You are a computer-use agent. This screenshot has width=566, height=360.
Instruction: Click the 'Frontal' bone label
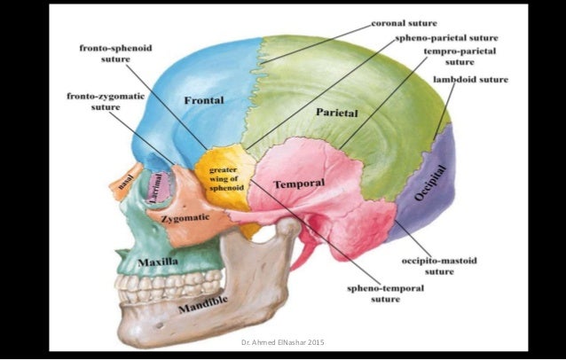(204, 100)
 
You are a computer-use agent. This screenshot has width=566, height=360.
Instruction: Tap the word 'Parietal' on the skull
(337, 113)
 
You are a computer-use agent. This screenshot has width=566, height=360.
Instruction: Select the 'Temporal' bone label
(299, 184)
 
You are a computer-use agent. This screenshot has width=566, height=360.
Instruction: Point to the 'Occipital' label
(430, 183)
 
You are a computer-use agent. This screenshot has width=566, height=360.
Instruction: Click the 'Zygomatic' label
(185, 218)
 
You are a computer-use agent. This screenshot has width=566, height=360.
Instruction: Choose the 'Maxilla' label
(158, 262)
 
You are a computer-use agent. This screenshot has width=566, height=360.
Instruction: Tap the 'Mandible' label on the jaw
(203, 304)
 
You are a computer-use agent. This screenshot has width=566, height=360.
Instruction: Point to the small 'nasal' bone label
(126, 180)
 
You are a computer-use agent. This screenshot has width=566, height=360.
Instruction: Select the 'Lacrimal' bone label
(156, 188)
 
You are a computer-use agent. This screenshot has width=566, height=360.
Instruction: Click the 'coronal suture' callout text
(405, 23)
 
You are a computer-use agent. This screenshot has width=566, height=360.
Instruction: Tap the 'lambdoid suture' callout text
(471, 79)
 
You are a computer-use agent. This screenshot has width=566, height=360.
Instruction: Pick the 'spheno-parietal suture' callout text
(446, 38)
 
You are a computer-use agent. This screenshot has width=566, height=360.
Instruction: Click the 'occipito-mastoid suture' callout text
(439, 266)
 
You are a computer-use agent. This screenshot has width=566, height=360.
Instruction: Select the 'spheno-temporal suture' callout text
(386, 293)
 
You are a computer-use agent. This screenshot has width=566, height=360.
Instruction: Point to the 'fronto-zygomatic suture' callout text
(106, 101)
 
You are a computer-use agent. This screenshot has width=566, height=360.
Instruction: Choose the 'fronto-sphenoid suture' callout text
(116, 53)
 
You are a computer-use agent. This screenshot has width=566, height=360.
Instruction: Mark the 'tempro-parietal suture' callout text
(460, 56)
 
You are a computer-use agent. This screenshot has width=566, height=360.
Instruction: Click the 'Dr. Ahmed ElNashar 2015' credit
(283, 342)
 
